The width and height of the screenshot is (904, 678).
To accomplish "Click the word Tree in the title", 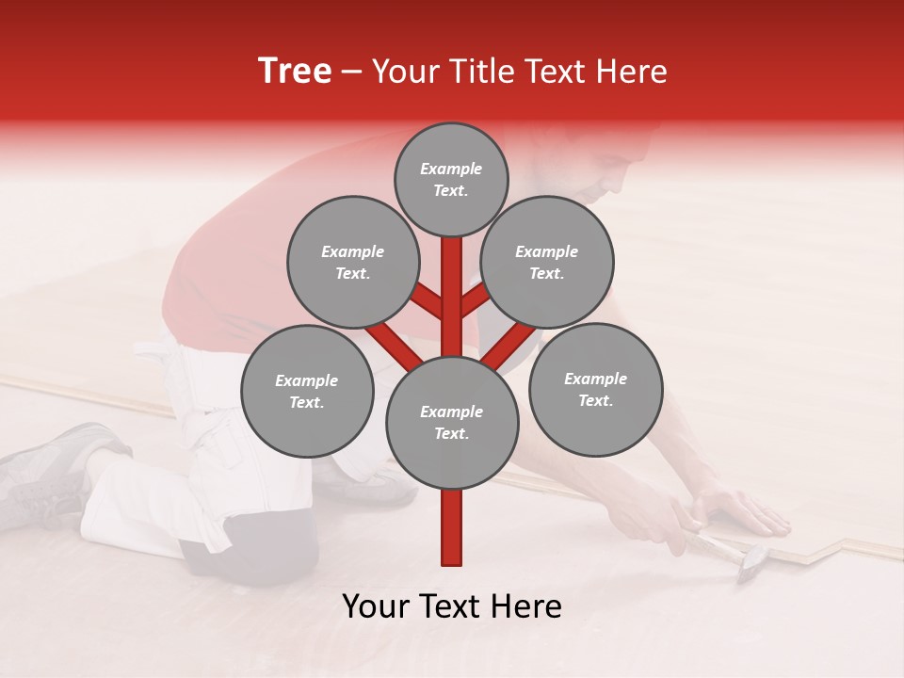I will (x=295, y=72).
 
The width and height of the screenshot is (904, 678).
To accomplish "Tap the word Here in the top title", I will (x=629, y=72).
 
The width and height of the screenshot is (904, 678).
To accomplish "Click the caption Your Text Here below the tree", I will (x=451, y=606).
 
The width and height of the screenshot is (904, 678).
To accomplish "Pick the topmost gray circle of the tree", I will (x=451, y=179).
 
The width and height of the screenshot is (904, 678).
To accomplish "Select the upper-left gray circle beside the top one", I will (x=352, y=262).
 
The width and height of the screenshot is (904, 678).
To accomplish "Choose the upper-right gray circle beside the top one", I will (x=547, y=262).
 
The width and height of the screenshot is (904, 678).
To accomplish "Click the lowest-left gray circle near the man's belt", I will (x=307, y=391).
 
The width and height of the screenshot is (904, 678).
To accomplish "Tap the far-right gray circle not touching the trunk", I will (x=595, y=389).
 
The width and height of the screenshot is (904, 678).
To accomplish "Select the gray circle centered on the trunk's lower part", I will (x=452, y=422).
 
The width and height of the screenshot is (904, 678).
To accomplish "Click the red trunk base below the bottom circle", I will (x=452, y=527).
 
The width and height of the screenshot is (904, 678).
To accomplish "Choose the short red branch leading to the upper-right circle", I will (x=476, y=300).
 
